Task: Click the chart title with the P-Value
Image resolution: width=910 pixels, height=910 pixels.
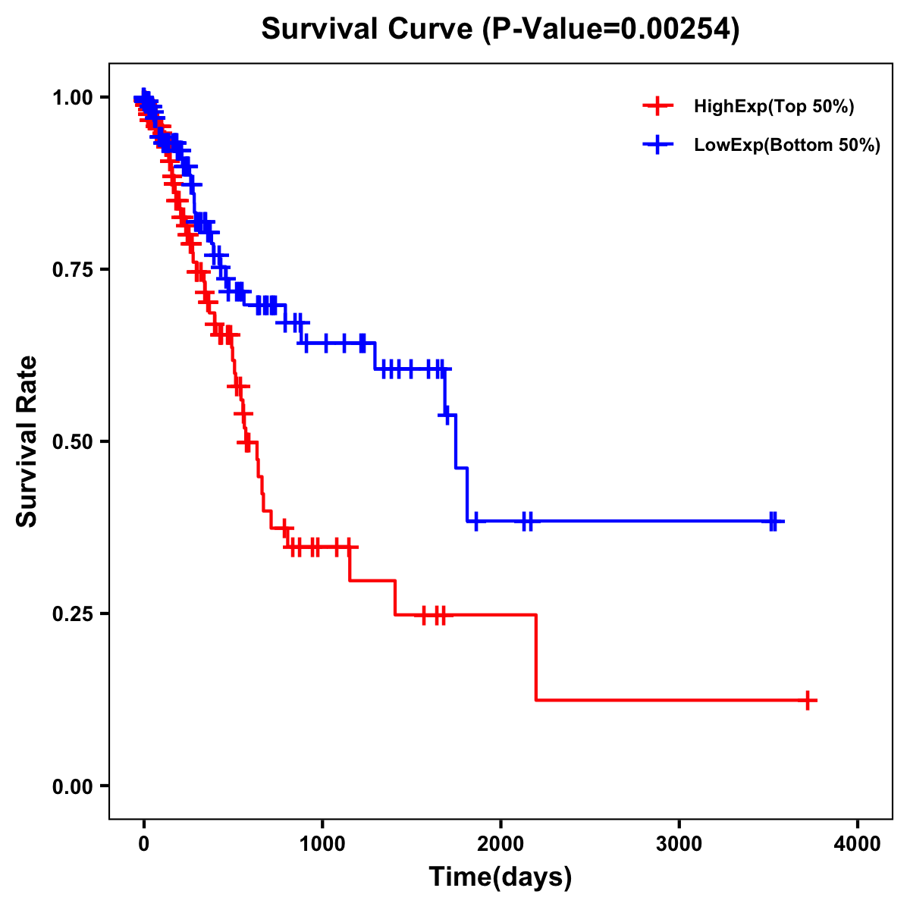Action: tap(500, 30)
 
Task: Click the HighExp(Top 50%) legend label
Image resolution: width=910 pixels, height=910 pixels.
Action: tap(774, 107)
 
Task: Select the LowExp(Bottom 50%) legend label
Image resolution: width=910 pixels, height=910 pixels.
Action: tap(787, 146)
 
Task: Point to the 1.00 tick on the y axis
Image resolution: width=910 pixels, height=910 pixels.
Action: tap(72, 98)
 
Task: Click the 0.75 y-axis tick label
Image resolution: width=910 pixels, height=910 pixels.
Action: tap(72, 270)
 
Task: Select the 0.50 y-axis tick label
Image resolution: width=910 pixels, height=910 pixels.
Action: tap(72, 442)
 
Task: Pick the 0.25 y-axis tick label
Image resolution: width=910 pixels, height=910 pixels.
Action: tap(72, 613)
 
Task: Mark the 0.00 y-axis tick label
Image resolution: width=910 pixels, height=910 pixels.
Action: tap(72, 786)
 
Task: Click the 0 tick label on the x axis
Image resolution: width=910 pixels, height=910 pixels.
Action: tap(143, 844)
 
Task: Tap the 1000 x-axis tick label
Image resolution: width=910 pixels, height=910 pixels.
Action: tap(322, 844)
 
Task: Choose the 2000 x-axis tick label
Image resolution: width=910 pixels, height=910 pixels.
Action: tap(500, 844)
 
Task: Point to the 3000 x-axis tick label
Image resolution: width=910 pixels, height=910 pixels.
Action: tap(679, 844)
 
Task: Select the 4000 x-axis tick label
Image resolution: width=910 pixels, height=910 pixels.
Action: tap(858, 844)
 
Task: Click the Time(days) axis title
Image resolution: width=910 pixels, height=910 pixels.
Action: tap(500, 877)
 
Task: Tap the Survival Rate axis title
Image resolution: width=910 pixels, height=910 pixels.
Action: tap(27, 441)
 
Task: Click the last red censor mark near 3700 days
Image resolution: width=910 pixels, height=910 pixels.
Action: tap(808, 700)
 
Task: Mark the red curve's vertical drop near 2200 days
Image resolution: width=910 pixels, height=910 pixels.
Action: tap(536, 657)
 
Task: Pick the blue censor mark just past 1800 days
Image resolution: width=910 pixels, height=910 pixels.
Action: tap(476, 521)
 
